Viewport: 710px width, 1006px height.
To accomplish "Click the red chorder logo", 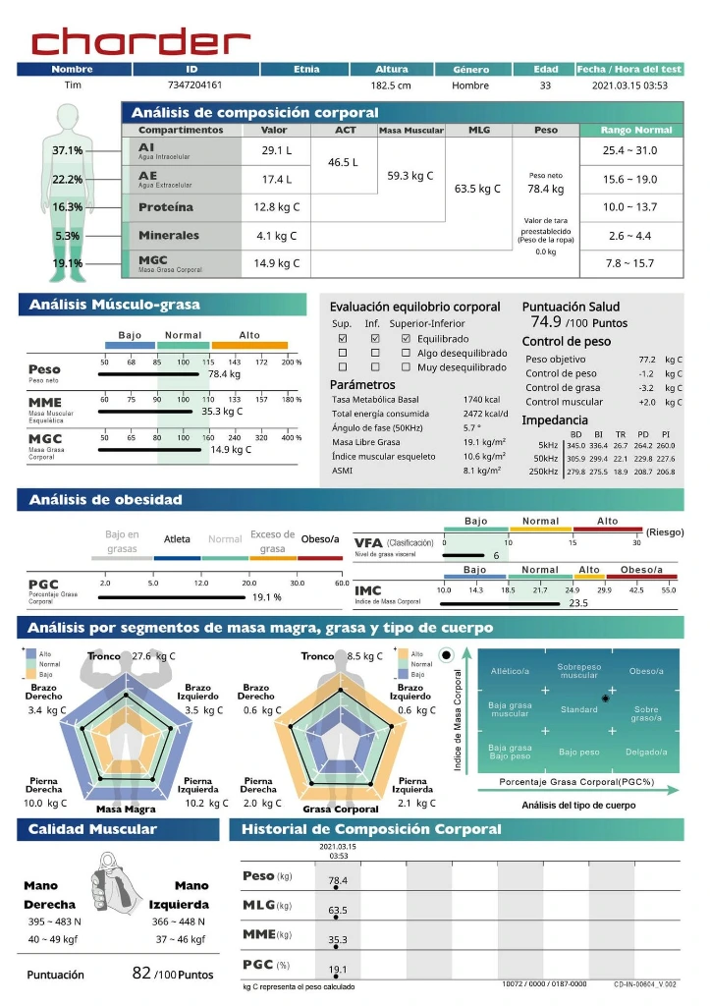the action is point(140,41).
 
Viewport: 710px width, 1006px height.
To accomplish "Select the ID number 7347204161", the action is point(195,85).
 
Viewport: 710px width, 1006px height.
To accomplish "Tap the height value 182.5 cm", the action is point(391,85).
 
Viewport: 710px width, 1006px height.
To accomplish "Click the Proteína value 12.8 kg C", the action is point(276,207).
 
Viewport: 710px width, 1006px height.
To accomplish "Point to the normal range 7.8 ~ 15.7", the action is point(628,263).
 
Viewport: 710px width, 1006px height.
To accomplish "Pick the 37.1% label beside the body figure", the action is point(68,150).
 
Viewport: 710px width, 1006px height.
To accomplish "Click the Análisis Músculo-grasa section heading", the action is point(114,305).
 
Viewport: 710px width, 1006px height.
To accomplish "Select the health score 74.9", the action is point(546,321).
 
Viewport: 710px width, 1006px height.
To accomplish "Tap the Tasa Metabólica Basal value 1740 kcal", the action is point(481,399).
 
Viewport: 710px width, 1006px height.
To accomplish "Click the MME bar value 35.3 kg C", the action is point(222,412).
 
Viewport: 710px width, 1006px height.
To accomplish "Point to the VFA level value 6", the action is point(496,556).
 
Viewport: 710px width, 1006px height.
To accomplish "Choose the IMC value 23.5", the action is point(577,603).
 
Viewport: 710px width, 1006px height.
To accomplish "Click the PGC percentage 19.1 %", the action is point(267,597).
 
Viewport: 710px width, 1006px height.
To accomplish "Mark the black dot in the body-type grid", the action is point(606,699).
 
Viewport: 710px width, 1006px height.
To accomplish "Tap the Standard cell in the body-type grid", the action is point(578,709).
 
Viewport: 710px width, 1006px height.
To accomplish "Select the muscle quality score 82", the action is point(141,973).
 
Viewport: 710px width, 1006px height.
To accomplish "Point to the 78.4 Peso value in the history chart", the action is point(338,880).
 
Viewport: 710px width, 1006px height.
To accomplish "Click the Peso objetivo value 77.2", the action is point(647,360).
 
